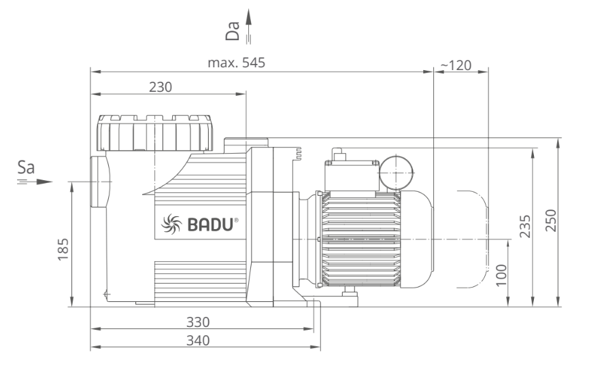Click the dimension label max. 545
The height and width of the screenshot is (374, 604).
point(236,63)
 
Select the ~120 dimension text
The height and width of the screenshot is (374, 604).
point(456,65)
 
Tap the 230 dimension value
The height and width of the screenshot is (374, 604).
point(161,87)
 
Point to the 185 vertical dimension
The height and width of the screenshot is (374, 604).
point(62,251)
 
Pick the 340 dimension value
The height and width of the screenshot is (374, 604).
point(198,340)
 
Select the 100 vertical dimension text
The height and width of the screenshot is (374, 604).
point(502,274)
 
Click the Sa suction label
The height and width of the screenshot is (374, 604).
point(26,168)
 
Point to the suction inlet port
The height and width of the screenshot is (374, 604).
point(99,183)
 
